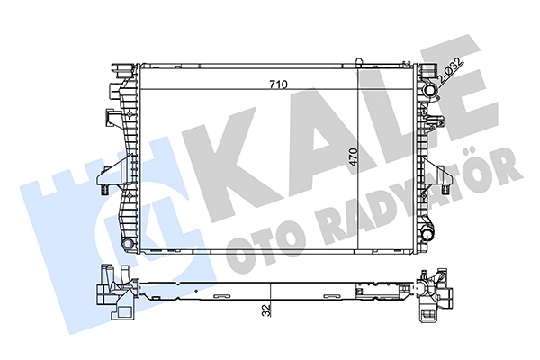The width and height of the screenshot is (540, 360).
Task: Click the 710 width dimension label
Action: coord(278,85)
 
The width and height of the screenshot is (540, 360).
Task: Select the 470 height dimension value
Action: coord(353,157)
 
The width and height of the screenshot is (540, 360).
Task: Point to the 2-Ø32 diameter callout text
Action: coord(451,71)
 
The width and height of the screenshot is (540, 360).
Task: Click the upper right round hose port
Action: coord(430,91)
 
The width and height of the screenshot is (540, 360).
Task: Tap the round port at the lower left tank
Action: coord(128,244)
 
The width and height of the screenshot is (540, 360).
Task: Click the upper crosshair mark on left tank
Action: coord(129,114)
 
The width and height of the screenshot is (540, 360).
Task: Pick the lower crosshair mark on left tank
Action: coord(129,196)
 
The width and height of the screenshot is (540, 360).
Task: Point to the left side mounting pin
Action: coord(103,190)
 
